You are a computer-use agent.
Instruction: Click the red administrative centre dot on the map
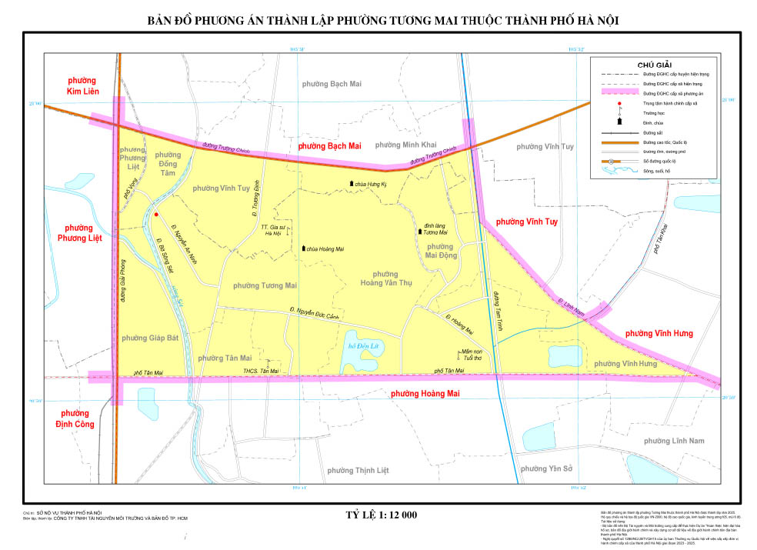point(156,215)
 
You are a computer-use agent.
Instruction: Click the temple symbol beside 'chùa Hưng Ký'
point(352,183)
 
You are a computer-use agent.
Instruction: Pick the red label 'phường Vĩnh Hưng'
point(659,333)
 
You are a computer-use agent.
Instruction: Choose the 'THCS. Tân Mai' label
point(260,372)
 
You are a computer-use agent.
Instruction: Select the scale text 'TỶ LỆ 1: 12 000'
point(380,515)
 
